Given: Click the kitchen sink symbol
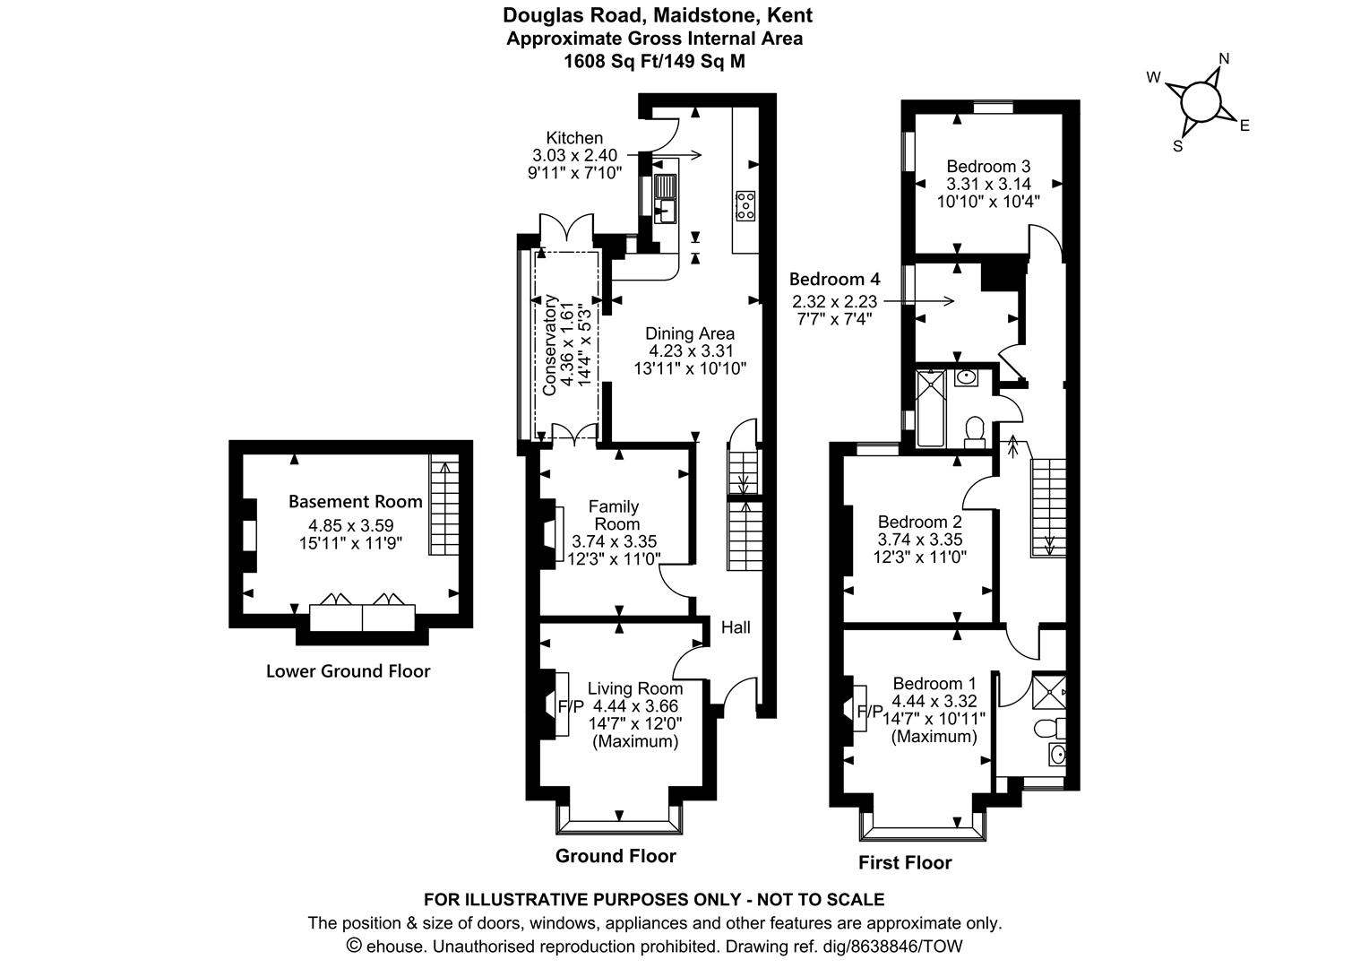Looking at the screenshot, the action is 665,199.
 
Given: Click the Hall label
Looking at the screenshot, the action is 736,627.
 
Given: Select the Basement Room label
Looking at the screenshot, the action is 355,501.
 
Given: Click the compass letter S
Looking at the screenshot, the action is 1177,146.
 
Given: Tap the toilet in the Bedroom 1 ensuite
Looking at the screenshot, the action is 1050,728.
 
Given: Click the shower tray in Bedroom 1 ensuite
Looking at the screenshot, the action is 1049,692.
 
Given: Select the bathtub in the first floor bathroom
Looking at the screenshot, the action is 931,408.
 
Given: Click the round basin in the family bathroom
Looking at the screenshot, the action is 966,377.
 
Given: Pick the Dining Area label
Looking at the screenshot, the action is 690,334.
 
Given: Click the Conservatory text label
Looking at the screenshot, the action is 549,345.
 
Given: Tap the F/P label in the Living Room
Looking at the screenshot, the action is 571,707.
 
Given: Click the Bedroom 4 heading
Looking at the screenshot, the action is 834,280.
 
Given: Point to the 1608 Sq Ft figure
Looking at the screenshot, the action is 611,62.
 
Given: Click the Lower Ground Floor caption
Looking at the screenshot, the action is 348,671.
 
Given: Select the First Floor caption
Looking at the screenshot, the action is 905,863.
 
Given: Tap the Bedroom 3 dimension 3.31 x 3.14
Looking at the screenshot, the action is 988,184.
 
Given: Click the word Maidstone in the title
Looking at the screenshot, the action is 667,15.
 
